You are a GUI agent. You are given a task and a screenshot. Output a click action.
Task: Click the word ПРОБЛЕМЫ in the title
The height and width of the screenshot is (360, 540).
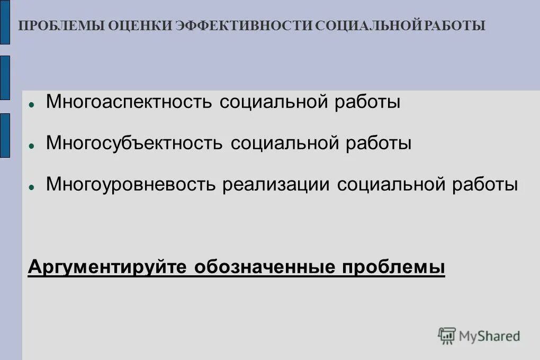[61, 26]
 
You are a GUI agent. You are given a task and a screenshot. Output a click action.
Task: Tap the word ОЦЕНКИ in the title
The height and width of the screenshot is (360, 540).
[140, 26]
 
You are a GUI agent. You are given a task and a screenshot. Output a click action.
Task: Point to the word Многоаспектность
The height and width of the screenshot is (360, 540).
[129, 102]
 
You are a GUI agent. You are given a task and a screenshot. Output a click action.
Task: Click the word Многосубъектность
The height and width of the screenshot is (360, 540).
[134, 143]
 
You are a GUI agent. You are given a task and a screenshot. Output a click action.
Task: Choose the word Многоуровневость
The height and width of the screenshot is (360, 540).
[131, 184]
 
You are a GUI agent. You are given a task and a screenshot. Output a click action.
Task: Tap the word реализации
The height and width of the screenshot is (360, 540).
[276, 184]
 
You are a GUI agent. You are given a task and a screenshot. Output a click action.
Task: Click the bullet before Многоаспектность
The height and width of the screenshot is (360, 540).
[32, 104]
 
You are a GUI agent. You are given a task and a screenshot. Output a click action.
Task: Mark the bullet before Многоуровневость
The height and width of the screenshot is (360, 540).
[32, 186]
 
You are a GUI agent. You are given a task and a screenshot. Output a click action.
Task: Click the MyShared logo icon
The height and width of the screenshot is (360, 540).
[447, 336]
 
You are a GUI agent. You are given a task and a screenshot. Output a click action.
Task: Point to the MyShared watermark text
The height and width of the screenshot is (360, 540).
[489, 336]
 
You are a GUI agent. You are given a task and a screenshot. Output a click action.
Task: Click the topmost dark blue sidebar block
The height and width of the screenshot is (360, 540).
[5, 22]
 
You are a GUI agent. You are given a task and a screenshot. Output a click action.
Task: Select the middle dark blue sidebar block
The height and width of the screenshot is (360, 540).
[5, 77]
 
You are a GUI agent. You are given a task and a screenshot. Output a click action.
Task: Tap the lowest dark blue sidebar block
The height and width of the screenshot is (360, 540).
[5, 135]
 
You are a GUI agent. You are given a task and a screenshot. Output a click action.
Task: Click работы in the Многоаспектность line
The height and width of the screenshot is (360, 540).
[367, 102]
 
